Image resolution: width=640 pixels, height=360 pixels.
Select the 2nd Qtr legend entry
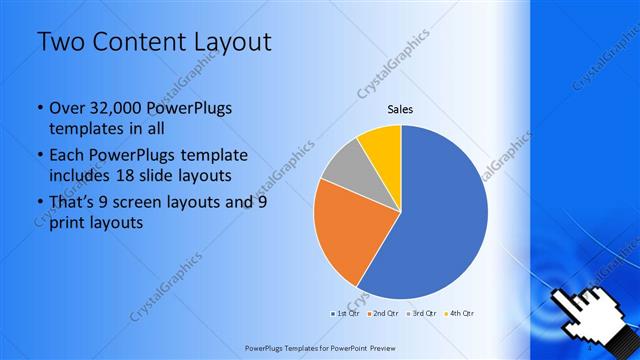(x=385, y=313)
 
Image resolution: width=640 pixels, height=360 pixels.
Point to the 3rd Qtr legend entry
(x=422, y=313)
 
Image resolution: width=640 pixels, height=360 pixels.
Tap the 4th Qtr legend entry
(x=459, y=313)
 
